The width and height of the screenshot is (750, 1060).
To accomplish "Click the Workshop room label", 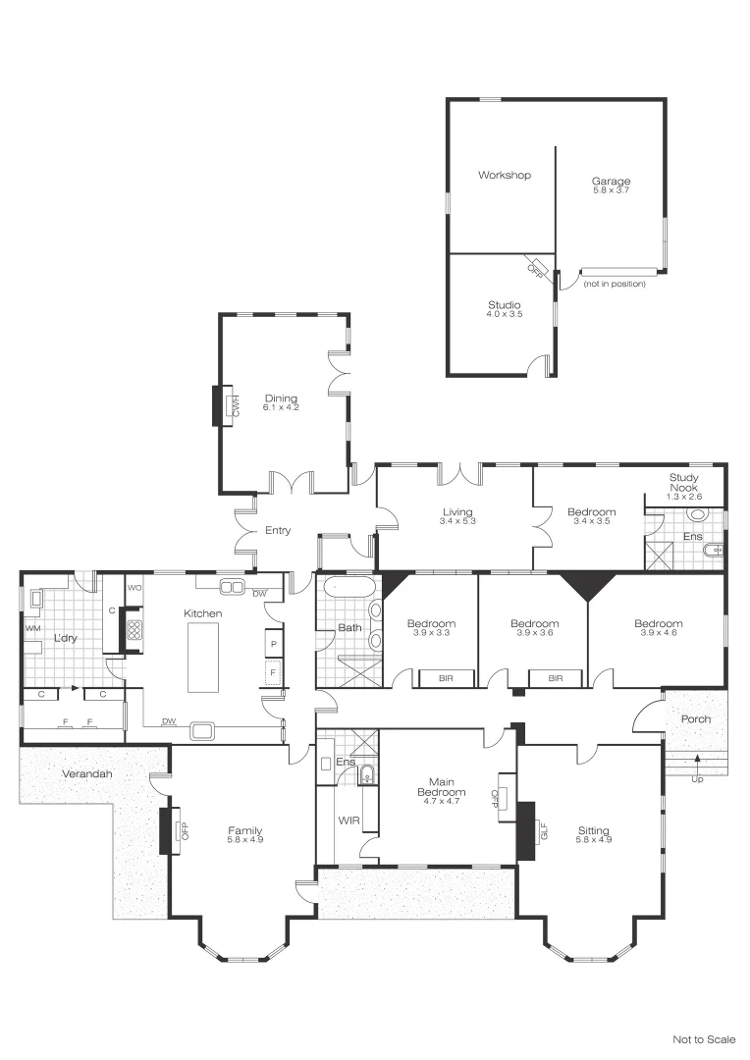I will (505, 176).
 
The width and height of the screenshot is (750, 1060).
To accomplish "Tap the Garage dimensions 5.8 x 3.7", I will (610, 190).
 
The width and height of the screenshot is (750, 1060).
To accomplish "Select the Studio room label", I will (504, 305).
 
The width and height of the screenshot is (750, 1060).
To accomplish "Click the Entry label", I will (278, 531).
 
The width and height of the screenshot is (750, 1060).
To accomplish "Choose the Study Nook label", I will (684, 482).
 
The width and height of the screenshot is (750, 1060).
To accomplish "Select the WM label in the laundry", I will (32, 628).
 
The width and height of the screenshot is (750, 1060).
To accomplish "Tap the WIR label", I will (348, 820).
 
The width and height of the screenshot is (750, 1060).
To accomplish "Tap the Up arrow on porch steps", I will (698, 760).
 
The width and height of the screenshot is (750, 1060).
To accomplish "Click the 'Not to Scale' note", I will (703, 1038).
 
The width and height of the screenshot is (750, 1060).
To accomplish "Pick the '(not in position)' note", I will (615, 284).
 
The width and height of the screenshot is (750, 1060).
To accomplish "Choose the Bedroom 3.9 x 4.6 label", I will (658, 624).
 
